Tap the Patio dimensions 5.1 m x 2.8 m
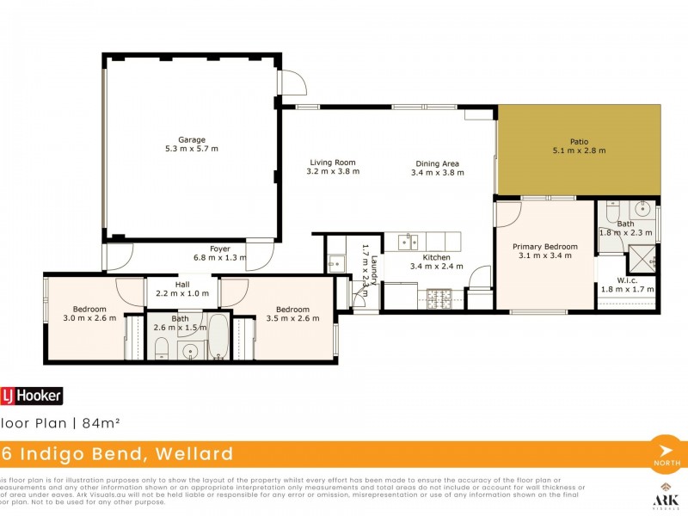[x=579, y=150]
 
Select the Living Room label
[x=332, y=163]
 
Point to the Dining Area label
[x=437, y=163]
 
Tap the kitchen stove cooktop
[x=440, y=299]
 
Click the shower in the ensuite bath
[x=642, y=257]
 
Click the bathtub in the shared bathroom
[x=218, y=337]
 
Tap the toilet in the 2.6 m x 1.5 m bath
[x=161, y=347]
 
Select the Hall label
[x=182, y=285]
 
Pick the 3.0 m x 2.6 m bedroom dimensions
[x=89, y=318]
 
